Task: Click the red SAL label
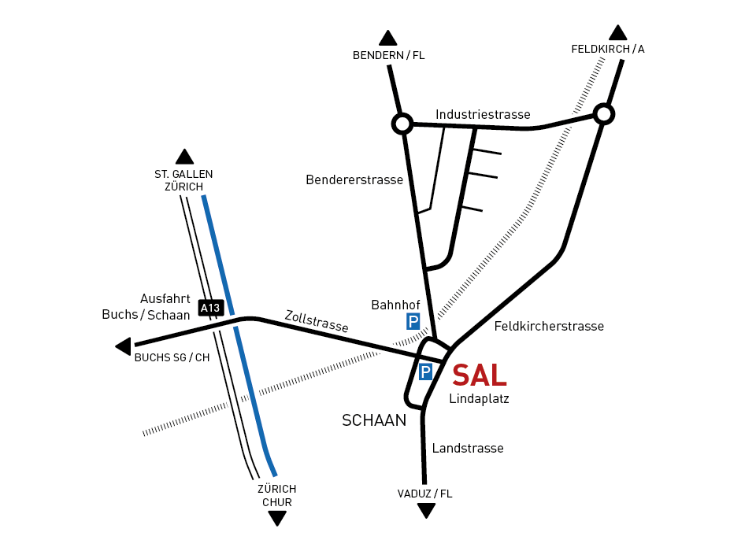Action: pos(479,375)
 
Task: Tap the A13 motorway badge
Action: pos(210,308)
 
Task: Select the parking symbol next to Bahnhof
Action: pos(413,321)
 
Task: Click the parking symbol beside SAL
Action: pos(426,372)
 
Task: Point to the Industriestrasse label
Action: pos(483,114)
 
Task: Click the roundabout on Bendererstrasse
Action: pos(402,124)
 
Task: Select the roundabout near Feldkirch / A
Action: pos(603,114)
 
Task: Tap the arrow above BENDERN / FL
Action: pos(387,38)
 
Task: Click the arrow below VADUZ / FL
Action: pos(426,511)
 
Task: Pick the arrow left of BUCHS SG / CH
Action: pos(123,346)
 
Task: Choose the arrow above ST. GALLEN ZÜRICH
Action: pos(185,157)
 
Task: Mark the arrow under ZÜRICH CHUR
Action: pos(277,518)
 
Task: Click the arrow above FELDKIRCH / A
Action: pos(618,32)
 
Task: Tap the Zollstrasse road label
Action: pos(317,320)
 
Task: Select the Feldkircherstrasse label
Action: pos(549,326)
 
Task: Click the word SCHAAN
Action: pos(374,420)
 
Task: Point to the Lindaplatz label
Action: pos(479,399)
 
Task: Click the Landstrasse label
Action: pos(467,448)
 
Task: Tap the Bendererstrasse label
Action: pos(354,179)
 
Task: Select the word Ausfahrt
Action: pos(165,299)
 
